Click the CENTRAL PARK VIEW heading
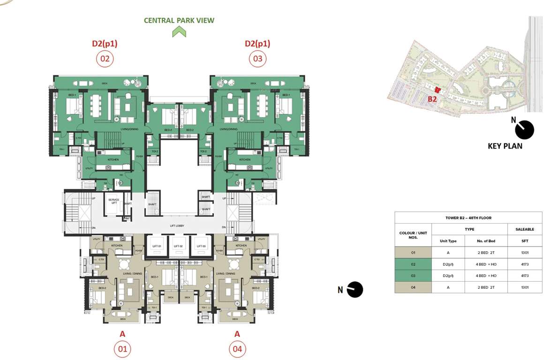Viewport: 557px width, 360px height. click(x=179, y=20)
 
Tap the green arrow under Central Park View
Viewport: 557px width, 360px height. click(x=179, y=32)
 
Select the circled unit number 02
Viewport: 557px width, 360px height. click(x=104, y=59)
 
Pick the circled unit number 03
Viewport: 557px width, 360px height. click(x=257, y=59)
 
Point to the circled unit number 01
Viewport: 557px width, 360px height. click(x=122, y=349)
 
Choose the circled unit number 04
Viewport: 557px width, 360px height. click(x=237, y=349)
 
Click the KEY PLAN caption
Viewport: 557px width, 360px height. click(x=505, y=146)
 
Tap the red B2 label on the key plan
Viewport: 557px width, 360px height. click(x=432, y=99)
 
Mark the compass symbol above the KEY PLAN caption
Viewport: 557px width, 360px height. click(x=524, y=129)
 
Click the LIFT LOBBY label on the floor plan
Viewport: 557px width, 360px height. click(x=177, y=226)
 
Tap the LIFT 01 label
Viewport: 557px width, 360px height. click(x=157, y=246)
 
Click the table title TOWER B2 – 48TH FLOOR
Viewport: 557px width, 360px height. click(x=468, y=217)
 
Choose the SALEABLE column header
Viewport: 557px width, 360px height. click(x=524, y=229)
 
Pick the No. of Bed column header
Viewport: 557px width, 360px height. click(x=486, y=241)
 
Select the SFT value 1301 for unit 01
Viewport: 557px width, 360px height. click(x=524, y=253)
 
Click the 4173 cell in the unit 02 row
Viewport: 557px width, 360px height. click(x=524, y=264)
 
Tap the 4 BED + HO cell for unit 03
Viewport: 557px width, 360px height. click(x=486, y=276)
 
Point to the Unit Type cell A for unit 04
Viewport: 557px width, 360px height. click(x=448, y=287)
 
